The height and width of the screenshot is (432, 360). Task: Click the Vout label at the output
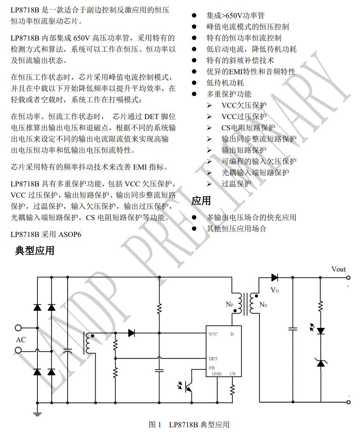click(338, 269)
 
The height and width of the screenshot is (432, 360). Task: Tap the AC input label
click(21, 340)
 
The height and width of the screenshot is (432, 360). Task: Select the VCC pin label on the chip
click(213, 334)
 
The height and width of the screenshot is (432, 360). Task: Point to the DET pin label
click(213, 359)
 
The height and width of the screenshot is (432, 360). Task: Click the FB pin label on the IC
click(212, 368)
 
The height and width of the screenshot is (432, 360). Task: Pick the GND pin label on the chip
click(217, 374)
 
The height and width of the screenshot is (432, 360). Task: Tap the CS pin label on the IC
click(232, 374)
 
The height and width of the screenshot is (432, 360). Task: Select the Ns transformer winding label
click(263, 305)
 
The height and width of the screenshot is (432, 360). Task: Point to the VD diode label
click(275, 290)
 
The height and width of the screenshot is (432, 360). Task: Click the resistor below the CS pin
click(232, 391)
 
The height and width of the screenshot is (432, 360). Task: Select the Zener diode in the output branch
click(320, 363)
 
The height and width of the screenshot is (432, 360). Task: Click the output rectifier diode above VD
click(274, 277)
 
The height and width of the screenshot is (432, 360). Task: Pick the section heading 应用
click(201, 201)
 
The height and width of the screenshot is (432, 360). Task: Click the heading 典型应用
click(34, 250)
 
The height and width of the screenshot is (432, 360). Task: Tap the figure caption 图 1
click(155, 425)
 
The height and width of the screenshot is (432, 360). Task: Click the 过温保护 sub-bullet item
click(236, 183)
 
